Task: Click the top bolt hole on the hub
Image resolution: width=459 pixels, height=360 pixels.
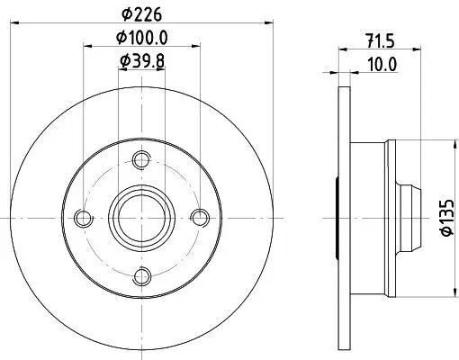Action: coord(139,160)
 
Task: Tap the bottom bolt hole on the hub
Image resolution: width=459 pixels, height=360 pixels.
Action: coord(139,275)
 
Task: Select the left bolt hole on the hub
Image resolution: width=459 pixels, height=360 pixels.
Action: coord(83,218)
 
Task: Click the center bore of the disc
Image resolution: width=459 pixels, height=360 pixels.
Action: coord(139,218)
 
